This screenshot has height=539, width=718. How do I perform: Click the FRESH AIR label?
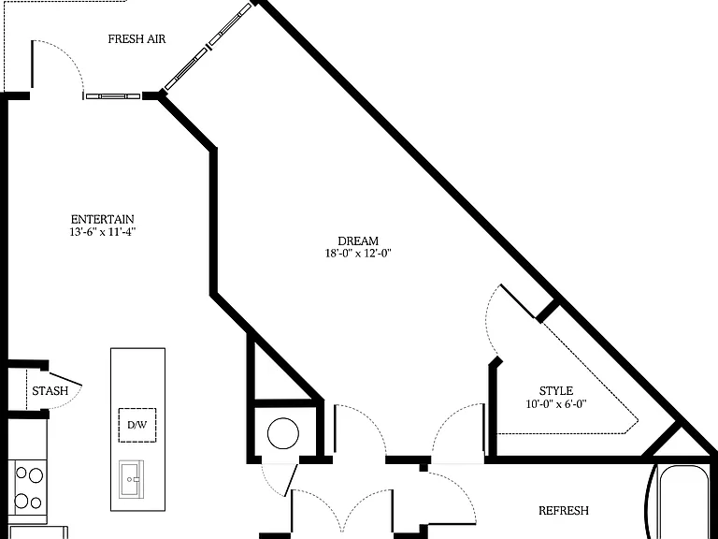tap(136, 39)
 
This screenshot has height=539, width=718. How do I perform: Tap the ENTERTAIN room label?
tap(103, 219)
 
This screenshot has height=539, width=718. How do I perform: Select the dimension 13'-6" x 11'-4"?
tap(103, 232)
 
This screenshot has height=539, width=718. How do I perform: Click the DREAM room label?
tap(358, 240)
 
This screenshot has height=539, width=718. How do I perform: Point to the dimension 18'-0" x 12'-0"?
tap(358, 253)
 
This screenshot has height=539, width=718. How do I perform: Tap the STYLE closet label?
tap(556, 391)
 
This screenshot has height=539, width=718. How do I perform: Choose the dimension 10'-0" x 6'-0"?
tap(556, 404)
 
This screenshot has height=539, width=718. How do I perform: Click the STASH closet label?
tap(50, 391)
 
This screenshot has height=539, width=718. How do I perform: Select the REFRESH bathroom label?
tap(563, 511)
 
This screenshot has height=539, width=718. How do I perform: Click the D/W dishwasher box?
tap(137, 425)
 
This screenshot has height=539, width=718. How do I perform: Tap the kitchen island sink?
tap(132, 479)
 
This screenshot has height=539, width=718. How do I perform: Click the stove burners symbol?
tap(29, 488)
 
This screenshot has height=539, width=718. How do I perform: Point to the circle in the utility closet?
tap(283, 433)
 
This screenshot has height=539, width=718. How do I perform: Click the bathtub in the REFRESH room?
tap(683, 502)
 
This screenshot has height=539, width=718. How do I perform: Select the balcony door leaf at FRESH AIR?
tap(32, 64)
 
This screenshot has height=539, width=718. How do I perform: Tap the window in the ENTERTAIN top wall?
tap(112, 96)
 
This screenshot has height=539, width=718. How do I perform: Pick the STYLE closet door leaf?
tap(518, 300)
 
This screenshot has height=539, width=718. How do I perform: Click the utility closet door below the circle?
tap(291, 480)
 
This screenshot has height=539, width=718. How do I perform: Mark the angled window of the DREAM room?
tap(208, 46)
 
